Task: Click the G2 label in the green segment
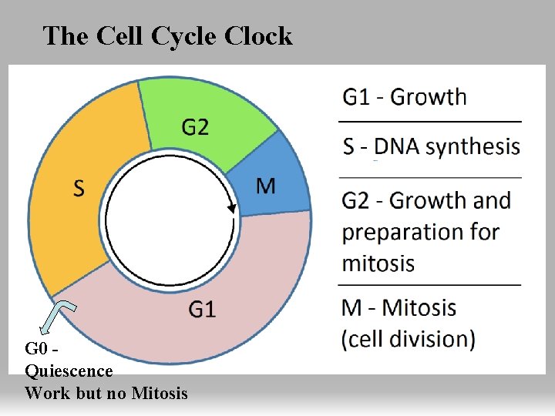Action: [195, 126]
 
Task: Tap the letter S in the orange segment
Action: [79, 187]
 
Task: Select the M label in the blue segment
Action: [265, 186]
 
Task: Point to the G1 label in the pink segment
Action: [202, 310]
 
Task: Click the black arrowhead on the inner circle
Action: [230, 207]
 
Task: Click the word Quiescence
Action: [69, 371]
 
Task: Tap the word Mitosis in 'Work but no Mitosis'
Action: [159, 393]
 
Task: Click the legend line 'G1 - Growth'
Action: [405, 97]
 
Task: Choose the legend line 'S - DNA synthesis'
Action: [431, 146]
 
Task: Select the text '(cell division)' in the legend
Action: [409, 338]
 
